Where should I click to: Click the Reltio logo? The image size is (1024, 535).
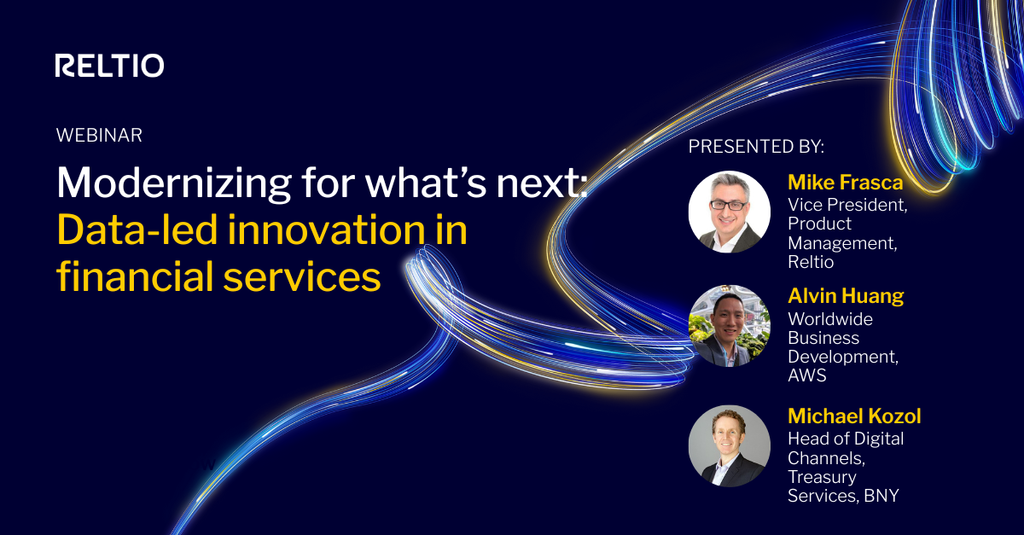pos(109,66)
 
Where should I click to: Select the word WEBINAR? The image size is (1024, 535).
pos(98,135)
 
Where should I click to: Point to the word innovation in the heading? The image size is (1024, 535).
pos(341,230)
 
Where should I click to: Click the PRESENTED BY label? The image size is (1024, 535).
pos(756,147)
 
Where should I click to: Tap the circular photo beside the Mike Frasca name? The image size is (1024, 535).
pos(729,212)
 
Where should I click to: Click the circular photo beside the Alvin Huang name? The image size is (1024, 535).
pos(729,325)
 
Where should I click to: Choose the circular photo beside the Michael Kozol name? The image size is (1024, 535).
pos(729,445)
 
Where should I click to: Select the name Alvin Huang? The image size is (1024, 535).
pos(845,296)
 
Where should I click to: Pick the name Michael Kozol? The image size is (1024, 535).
pos(854,416)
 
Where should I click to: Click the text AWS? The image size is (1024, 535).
pos(806,375)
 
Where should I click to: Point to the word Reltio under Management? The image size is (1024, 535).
pos(811,262)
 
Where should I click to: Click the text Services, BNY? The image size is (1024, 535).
pos(843,496)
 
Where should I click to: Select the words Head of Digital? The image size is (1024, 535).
pos(846,439)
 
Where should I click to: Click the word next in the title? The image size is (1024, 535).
pos(539,183)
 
